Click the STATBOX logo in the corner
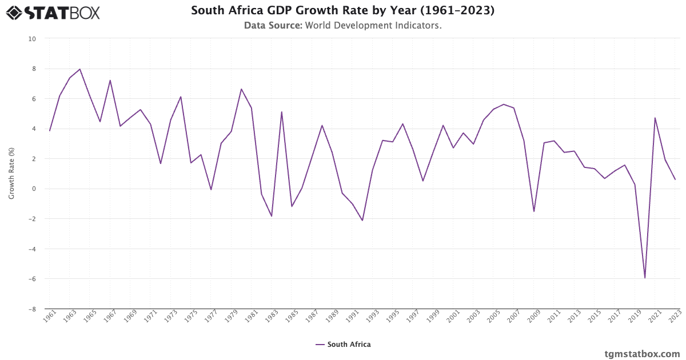coord(53,12)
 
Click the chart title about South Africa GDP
coord(342,10)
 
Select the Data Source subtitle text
coord(342,25)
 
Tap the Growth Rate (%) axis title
coord(11,174)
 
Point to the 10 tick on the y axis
coord(32,39)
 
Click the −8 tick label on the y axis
coord(32,309)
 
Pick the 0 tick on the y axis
coord(34,189)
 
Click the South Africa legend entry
coord(343,345)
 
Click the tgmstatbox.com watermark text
coord(643,354)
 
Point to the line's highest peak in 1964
coord(80,69)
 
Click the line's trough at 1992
coord(362,221)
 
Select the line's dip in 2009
coord(534,211)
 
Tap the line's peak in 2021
coord(655,118)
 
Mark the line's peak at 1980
coord(241,89)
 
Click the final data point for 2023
coord(675,179)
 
